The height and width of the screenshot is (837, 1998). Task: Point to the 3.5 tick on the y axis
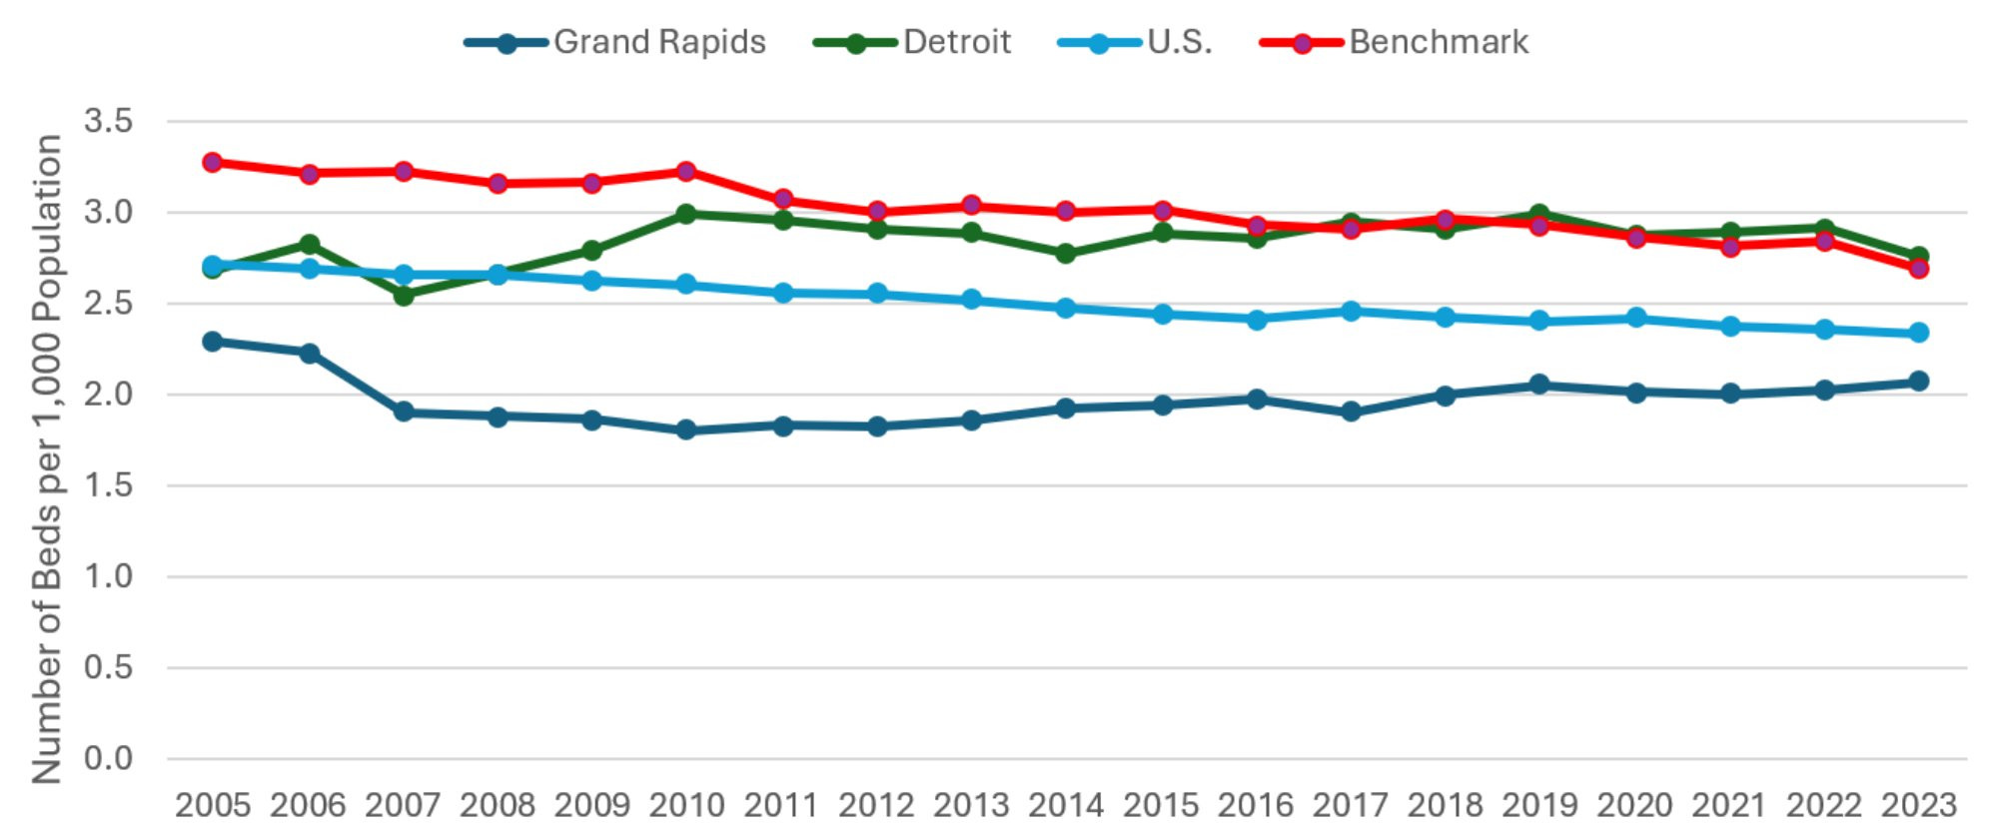coord(108,122)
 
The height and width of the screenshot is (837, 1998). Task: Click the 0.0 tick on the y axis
coord(108,758)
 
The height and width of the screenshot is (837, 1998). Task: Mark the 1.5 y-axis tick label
coord(108,485)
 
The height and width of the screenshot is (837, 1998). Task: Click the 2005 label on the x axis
coord(213,805)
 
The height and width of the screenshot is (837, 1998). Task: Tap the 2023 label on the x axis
coord(1918,805)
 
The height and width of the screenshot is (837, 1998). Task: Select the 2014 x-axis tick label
coord(1065,805)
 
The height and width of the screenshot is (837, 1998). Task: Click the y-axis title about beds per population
coord(46,459)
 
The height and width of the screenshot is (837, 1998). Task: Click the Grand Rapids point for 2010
coord(686,430)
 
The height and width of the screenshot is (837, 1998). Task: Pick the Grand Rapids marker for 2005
coord(213,342)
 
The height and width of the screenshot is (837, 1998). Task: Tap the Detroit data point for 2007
coord(404,296)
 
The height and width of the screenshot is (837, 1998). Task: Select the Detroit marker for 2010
coord(686,214)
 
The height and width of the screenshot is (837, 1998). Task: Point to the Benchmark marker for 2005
coord(213,162)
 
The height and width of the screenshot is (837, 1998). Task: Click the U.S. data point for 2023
coord(1918,333)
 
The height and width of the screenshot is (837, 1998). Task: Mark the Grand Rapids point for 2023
coord(1918,382)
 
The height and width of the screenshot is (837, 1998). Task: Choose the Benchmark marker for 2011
coord(783,199)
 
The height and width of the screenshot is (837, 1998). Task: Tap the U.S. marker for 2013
coord(971,300)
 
